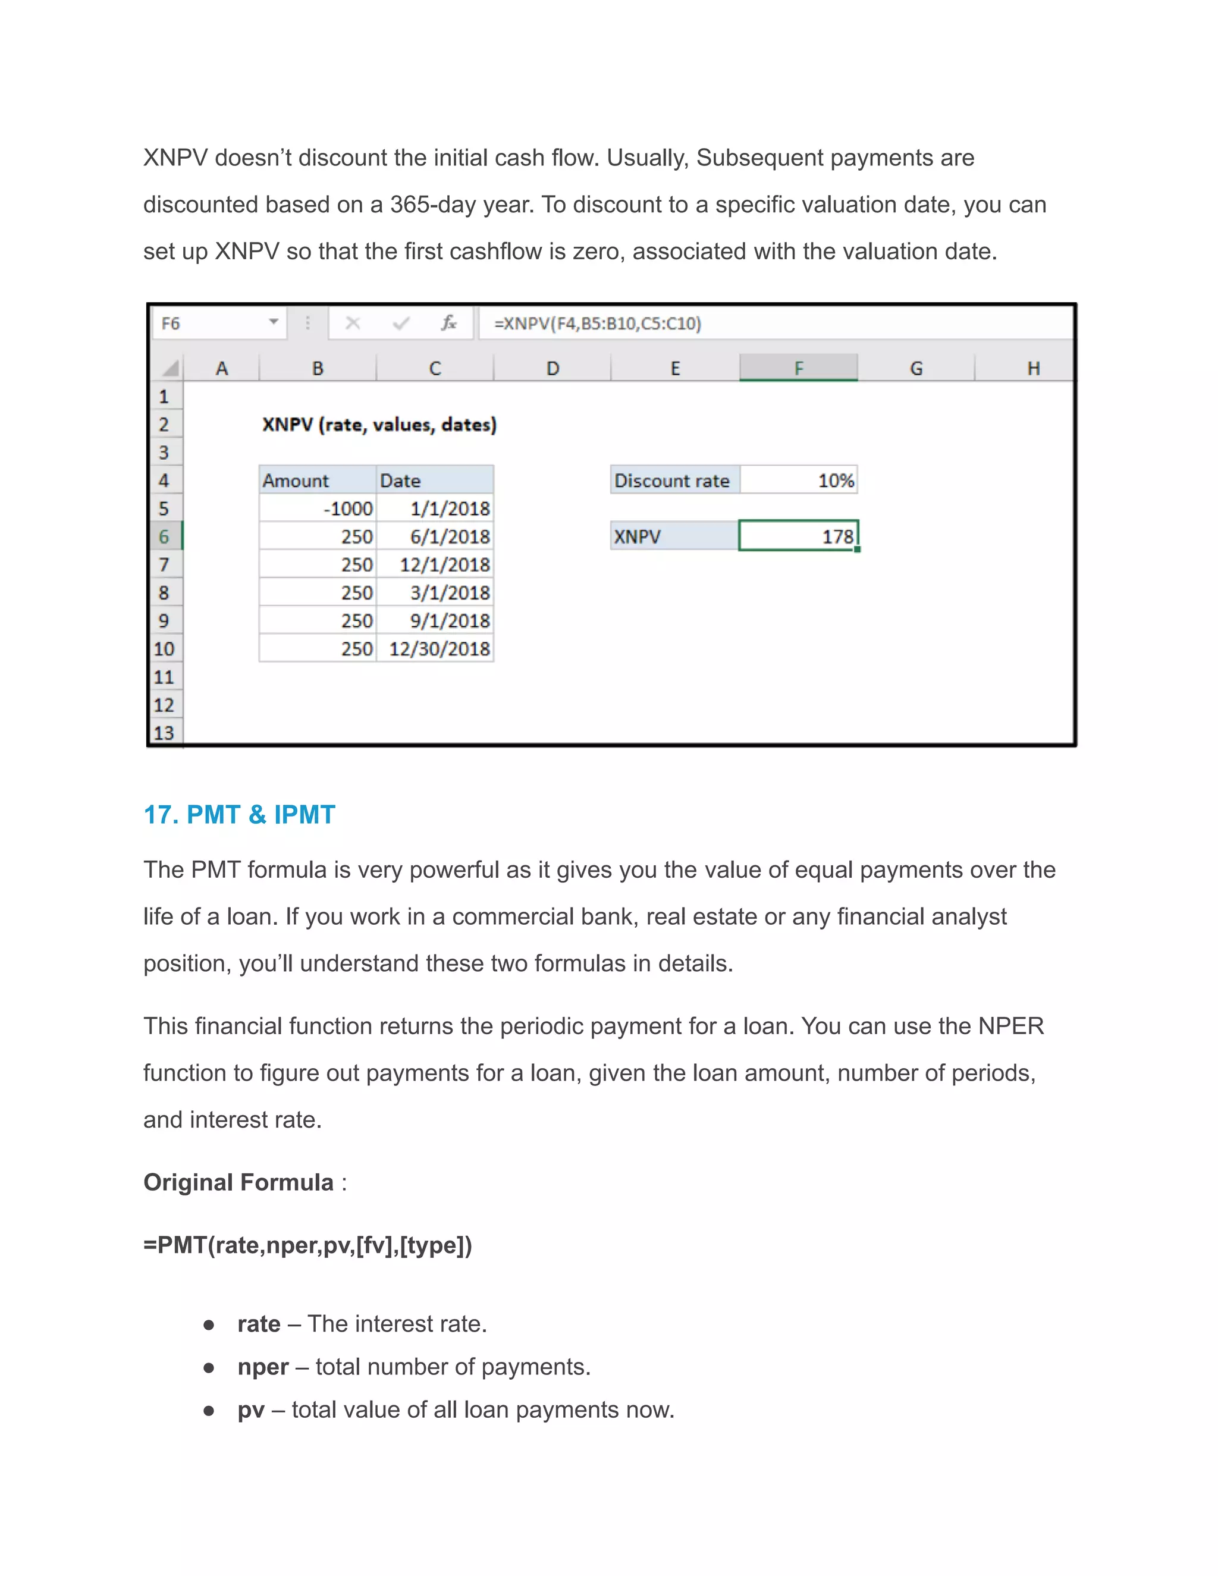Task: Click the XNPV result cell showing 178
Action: (x=798, y=536)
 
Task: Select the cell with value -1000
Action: (x=318, y=508)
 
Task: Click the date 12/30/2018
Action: (x=435, y=649)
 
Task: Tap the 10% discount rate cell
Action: (x=799, y=481)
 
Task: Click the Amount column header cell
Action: (x=318, y=481)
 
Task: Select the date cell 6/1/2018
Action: (x=435, y=537)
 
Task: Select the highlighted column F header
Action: (x=798, y=368)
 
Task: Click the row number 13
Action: (x=164, y=733)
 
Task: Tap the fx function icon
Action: (x=449, y=324)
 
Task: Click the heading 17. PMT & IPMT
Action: (x=239, y=815)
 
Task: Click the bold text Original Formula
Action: (x=238, y=1182)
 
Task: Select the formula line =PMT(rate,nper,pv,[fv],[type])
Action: (x=307, y=1245)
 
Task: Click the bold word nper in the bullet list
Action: (x=263, y=1367)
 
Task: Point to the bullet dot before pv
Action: (x=209, y=1410)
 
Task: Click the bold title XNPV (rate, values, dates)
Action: (x=379, y=424)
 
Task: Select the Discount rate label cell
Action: (x=674, y=481)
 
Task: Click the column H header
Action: (x=1032, y=368)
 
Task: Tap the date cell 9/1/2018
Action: (x=435, y=620)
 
